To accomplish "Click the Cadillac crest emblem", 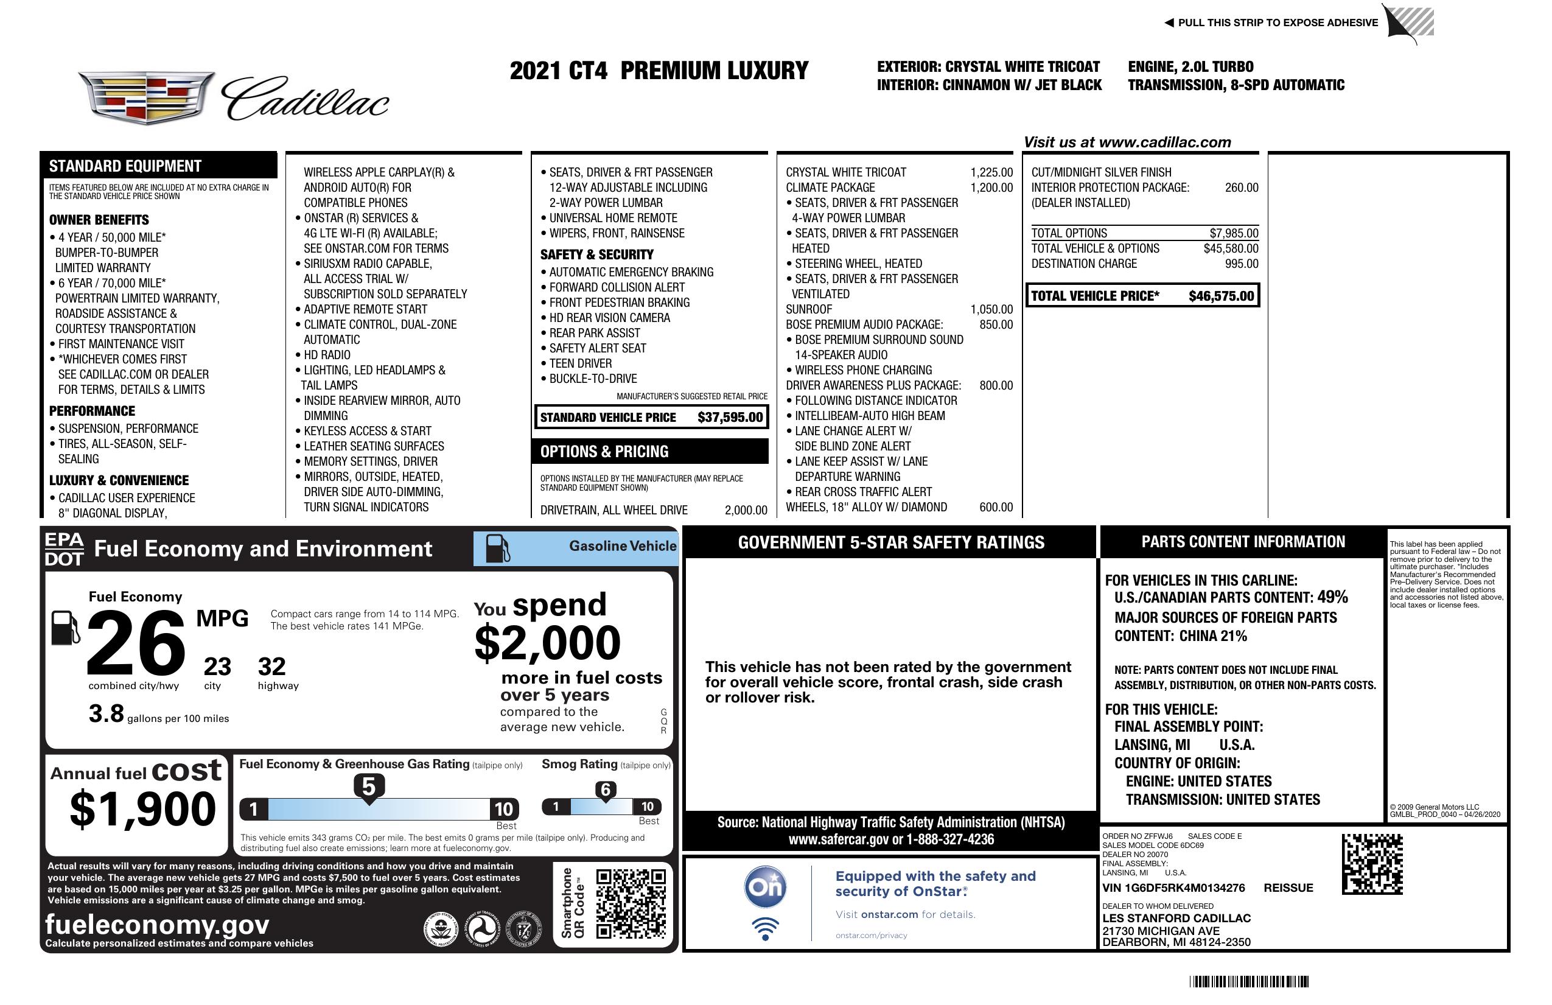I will pos(147,97).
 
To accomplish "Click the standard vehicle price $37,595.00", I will pos(730,418).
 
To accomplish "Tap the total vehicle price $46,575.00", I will pos(1221,296).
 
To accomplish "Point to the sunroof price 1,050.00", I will pos(991,309).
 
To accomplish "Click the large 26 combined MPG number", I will pos(136,643).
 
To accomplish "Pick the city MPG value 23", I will pos(217,667).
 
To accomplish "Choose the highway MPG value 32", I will pos(272,667).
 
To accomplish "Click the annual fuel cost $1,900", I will pos(142,810).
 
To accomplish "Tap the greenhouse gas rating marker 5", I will pos(368,787).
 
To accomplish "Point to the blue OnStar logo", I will pos(765,887).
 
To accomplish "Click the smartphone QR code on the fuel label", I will pos(631,903).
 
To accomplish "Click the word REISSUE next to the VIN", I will pos(1288,888).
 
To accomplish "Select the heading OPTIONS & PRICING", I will pos(604,451).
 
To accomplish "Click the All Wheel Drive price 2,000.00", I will pos(746,510).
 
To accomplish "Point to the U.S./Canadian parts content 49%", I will pos(1332,597).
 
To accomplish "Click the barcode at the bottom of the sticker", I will pos(1248,981).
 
